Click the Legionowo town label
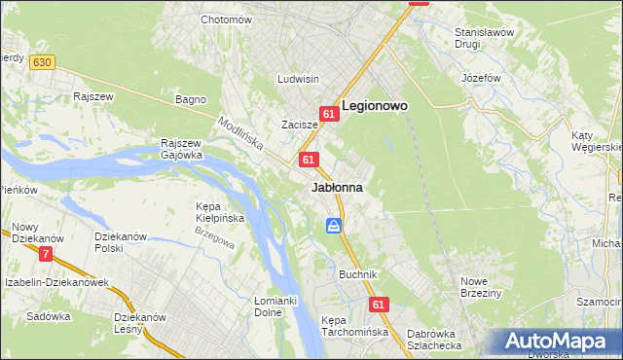coord(374,105)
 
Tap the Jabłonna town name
coord(337,187)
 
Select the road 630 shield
coord(40,62)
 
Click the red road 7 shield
coord(46,254)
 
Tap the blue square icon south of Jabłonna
coord(334,226)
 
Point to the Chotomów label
coord(226,19)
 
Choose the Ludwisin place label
coord(298,79)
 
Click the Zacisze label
coord(300,125)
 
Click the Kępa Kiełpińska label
coord(219,212)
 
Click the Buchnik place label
coord(357,274)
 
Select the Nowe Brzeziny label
coord(480,287)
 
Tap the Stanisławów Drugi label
coord(484,38)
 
